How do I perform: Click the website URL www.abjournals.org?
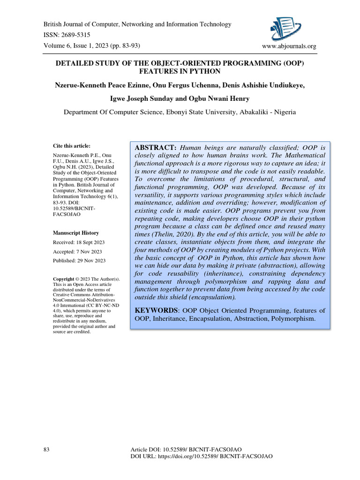click(290, 46)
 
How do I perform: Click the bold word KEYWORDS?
click(157, 310)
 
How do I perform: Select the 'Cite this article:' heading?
click(71, 146)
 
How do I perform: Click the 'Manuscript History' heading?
click(75, 233)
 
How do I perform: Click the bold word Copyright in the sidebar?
click(63, 279)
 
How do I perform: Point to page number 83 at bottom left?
click(46, 450)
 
